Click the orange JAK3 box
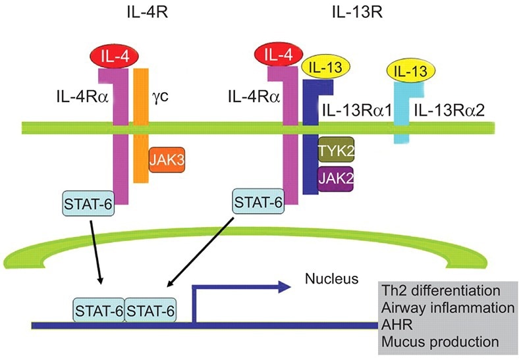166,160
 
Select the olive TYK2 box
336,150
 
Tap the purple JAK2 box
336,177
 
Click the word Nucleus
331,280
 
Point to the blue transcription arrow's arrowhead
285,286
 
